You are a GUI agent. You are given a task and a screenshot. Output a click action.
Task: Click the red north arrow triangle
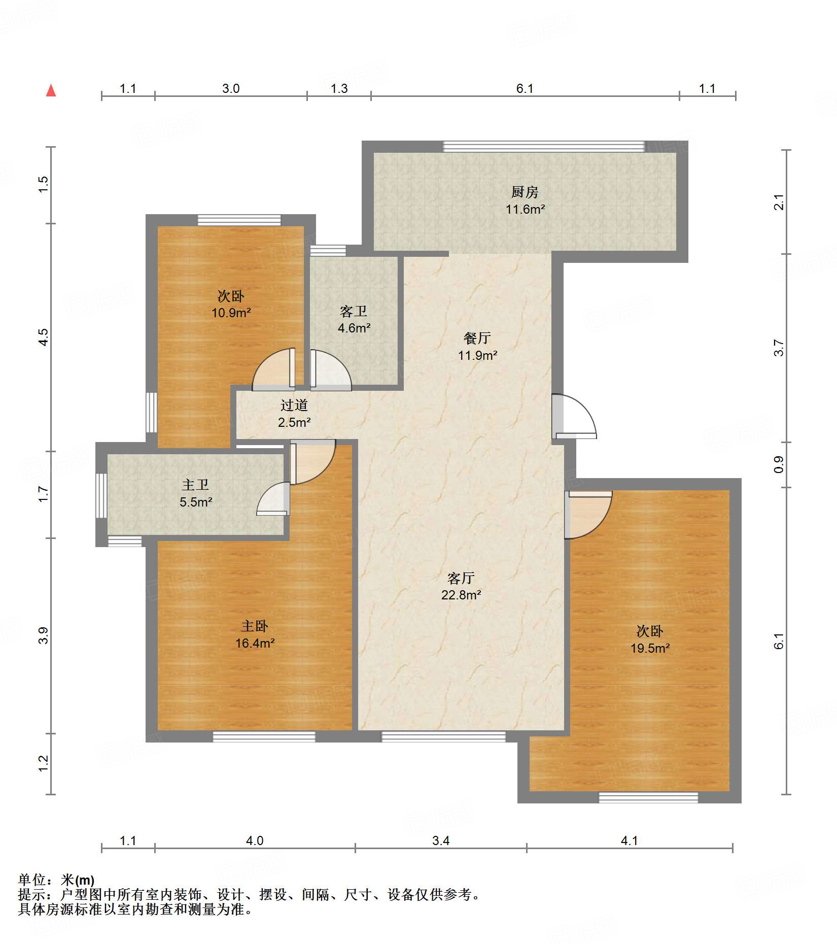[51, 90]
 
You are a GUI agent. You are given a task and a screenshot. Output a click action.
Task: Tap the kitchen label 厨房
[525, 192]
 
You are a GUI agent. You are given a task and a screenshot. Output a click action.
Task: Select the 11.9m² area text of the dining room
[477, 355]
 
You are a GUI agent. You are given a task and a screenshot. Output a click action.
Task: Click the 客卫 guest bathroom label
[354, 311]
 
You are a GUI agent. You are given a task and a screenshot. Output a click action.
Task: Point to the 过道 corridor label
[294, 405]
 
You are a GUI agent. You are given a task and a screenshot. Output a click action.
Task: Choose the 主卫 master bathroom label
[195, 485]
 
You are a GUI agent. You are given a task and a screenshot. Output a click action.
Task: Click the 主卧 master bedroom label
[255, 626]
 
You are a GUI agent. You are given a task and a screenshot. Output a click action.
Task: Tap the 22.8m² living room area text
[461, 595]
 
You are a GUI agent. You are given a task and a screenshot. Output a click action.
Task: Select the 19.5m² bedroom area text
[650, 648]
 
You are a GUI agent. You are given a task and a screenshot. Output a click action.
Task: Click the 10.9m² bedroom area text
[231, 313]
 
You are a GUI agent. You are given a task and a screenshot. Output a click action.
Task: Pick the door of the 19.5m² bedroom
[588, 515]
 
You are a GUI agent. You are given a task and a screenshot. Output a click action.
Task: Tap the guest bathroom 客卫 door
[330, 369]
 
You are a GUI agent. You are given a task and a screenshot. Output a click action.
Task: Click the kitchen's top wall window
[544, 147]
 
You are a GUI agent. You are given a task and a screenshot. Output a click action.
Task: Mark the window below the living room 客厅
[443, 736]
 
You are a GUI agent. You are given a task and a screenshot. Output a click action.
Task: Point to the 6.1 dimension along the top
[525, 89]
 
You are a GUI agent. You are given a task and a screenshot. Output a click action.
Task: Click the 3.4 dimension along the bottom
[441, 841]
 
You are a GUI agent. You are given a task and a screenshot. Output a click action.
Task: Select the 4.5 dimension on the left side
[44, 338]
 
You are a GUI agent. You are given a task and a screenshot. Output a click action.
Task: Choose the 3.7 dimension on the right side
[779, 348]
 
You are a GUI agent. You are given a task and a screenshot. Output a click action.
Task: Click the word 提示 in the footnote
[31, 895]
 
